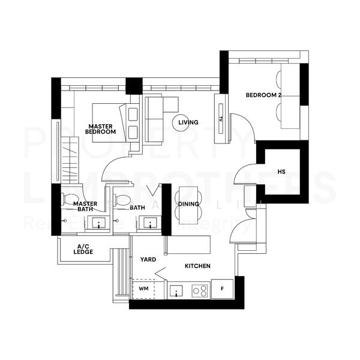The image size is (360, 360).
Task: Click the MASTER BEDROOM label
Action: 101,128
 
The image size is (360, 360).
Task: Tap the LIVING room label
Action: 192,122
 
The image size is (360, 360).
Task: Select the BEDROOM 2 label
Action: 263,95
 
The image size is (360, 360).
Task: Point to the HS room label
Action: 281,172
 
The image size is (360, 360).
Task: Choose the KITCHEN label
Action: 197,265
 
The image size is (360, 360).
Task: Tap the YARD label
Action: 148,260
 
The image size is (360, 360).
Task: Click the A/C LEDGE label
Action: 85,250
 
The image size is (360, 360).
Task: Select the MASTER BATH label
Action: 85,207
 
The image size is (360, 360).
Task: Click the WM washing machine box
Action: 143,289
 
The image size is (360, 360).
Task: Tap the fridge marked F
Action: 222,289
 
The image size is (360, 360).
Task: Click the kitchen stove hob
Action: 199,291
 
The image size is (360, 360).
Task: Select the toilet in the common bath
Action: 122,200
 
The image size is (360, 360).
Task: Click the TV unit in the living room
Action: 221,119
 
